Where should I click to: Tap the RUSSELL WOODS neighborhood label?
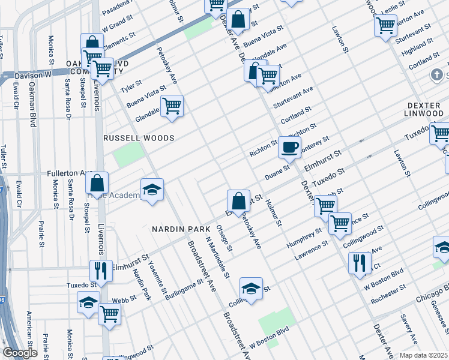tap(139, 138)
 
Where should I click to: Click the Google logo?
tap(20, 353)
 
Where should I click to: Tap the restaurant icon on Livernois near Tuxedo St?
tap(100, 271)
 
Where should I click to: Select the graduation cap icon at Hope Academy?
tap(152, 190)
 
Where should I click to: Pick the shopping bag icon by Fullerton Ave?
tap(97, 184)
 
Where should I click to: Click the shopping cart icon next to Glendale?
tap(172, 106)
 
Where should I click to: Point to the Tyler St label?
tap(131, 86)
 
